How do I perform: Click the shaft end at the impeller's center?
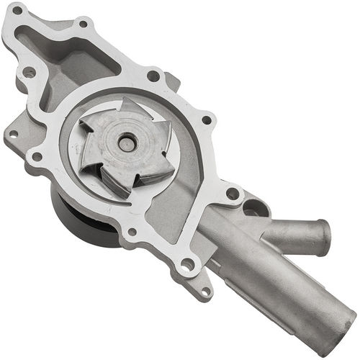[x=127, y=144]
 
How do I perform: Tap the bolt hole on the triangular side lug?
[x=12, y=134]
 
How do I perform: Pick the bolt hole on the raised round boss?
[x=30, y=73]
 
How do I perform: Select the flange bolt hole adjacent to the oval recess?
[x=232, y=193]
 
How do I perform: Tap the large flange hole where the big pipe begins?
[x=187, y=265]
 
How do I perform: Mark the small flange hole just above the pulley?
[x=132, y=232]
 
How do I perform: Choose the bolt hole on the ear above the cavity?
[x=83, y=24]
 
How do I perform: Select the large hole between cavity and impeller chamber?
[x=153, y=76]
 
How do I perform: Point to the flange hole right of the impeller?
[x=207, y=120]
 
